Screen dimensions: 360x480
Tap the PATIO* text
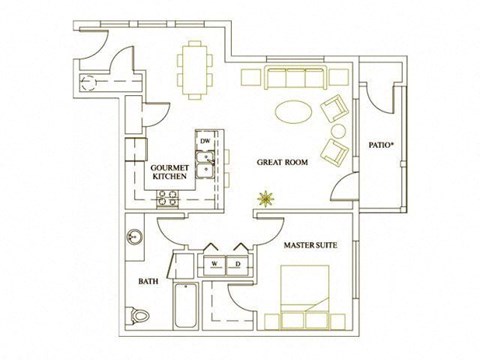381,144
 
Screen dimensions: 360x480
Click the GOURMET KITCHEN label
170,171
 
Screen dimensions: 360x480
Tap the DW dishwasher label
205,142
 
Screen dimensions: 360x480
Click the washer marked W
215,264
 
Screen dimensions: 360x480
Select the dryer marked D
238,264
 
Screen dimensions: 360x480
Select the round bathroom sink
134,239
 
